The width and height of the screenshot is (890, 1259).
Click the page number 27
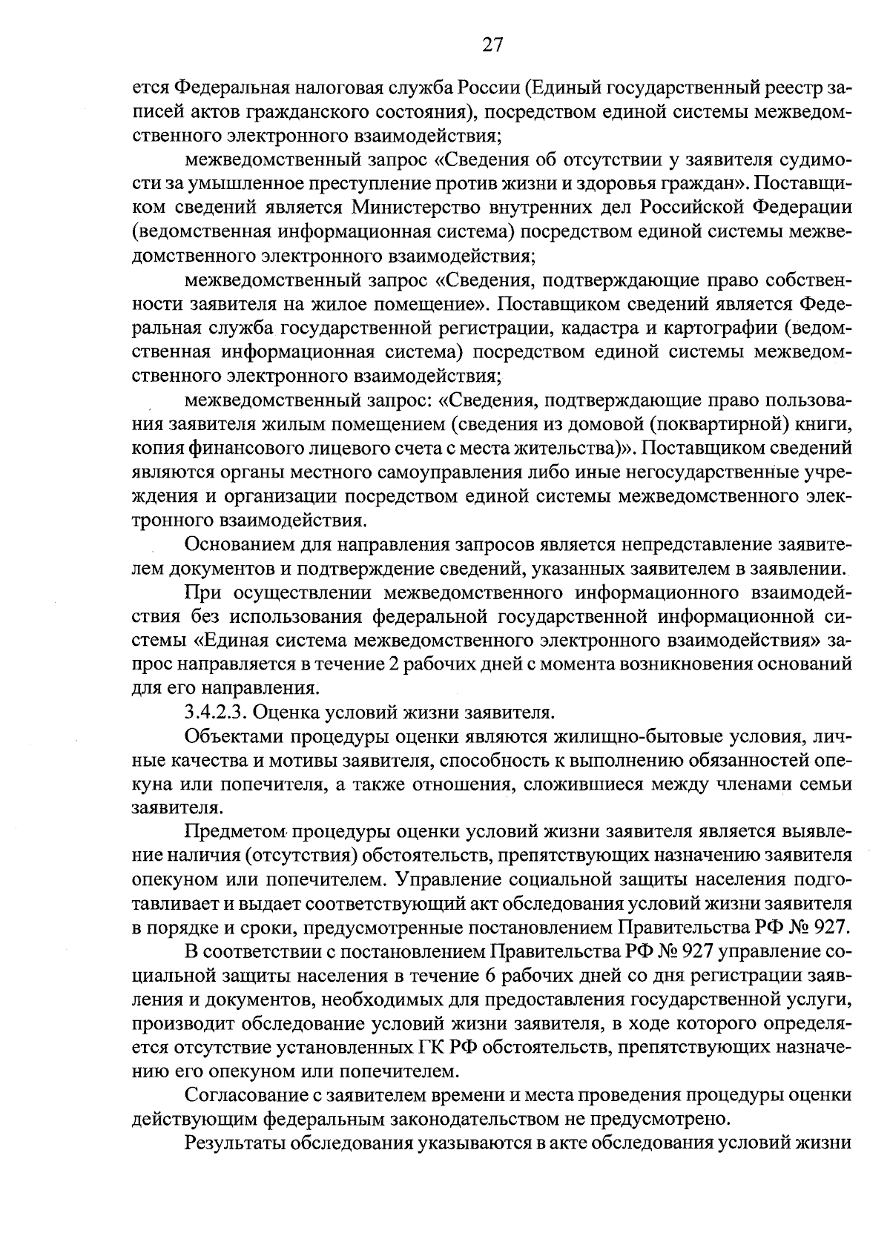[492, 45]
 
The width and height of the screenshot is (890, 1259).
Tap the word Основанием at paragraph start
[237, 545]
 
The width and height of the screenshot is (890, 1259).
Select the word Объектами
[233, 737]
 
